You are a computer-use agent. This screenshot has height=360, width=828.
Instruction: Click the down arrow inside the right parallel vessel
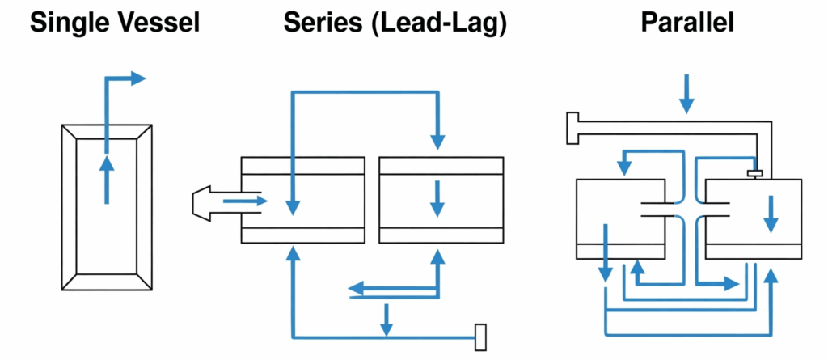click(x=771, y=218)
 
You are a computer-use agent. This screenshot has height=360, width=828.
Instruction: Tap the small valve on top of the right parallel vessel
click(x=755, y=173)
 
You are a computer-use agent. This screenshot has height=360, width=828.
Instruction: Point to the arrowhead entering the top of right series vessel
click(x=438, y=140)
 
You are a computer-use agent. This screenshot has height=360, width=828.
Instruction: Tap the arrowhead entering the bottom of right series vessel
click(x=438, y=257)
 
